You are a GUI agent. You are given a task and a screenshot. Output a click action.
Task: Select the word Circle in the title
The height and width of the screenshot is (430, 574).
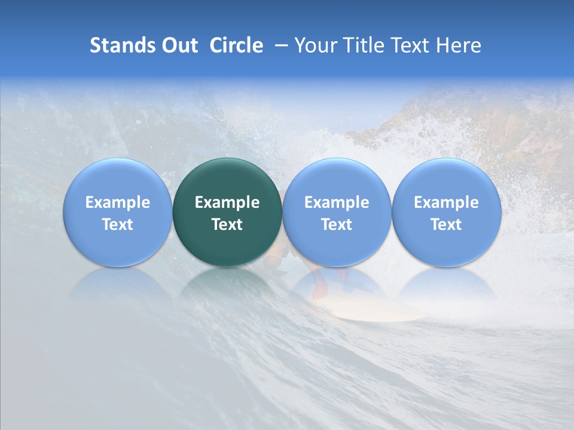click(x=236, y=45)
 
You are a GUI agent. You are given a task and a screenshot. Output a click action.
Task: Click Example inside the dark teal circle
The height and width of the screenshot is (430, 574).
click(x=227, y=202)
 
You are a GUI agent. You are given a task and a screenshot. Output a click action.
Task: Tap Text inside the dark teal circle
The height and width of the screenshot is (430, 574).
click(x=227, y=225)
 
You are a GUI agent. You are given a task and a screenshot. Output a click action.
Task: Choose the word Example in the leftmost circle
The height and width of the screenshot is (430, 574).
click(x=118, y=202)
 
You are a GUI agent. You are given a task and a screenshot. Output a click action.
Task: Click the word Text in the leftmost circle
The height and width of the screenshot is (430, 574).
click(x=118, y=225)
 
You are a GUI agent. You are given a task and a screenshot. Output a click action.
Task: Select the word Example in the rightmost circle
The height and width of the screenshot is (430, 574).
click(x=447, y=202)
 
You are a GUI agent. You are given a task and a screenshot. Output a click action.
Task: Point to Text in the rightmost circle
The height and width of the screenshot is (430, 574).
click(x=447, y=225)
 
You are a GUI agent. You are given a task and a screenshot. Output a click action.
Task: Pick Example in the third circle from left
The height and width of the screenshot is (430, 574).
click(x=337, y=202)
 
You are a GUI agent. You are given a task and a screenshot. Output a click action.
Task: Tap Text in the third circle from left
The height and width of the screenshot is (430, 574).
click(x=337, y=225)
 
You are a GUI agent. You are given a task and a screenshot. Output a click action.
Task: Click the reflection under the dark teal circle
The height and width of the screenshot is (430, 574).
click(x=227, y=284)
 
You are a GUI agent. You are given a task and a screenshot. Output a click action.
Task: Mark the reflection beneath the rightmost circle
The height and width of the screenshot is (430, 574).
click(x=447, y=284)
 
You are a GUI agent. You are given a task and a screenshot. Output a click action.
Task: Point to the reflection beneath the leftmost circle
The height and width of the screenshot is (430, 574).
click(x=118, y=284)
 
